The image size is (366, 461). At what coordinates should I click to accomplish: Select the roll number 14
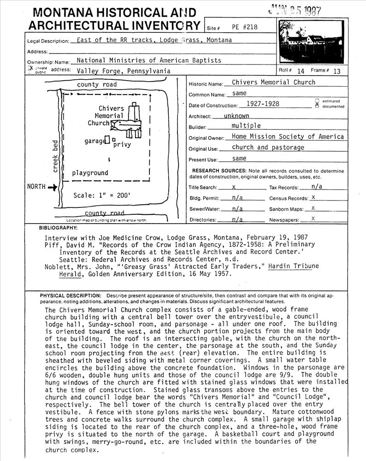tap(301, 71)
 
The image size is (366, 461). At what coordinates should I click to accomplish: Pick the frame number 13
tap(337, 71)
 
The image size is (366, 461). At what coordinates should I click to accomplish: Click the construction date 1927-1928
tap(263, 104)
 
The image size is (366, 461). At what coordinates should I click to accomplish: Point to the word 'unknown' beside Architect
tap(236, 116)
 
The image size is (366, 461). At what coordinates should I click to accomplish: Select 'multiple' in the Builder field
tap(246, 126)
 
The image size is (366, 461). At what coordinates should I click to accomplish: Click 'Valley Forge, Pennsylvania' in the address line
tap(124, 71)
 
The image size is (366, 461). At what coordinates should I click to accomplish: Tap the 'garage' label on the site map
tap(94, 141)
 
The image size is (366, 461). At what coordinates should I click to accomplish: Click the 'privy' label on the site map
tap(122, 145)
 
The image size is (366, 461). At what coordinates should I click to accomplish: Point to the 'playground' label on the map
tap(90, 173)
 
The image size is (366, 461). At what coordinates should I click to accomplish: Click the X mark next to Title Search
tap(234, 188)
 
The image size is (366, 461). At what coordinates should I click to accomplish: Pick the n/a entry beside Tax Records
tap(317, 187)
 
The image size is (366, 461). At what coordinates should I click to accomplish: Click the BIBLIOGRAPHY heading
tap(58, 228)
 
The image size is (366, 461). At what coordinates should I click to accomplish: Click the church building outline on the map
tap(130, 122)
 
